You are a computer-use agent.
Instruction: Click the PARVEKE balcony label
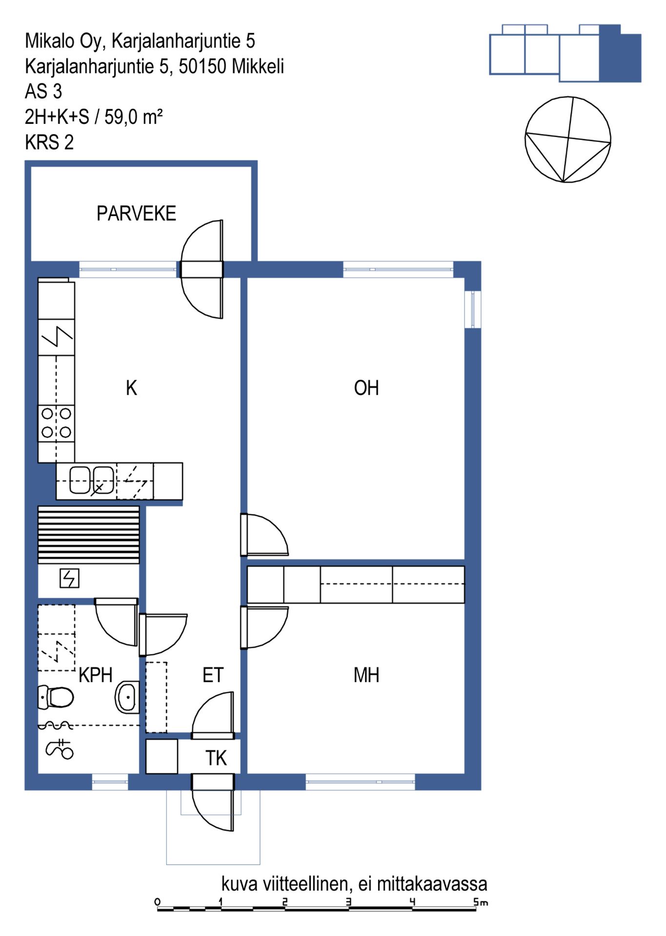point(136,214)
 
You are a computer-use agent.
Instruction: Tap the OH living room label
point(366,388)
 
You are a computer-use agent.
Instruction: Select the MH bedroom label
point(366,675)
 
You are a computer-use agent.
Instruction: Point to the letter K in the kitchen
point(131,388)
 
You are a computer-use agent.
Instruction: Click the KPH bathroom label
point(96,675)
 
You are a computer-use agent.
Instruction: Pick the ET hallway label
point(213,675)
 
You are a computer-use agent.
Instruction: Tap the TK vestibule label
point(216,758)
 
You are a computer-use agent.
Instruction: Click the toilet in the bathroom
point(56,697)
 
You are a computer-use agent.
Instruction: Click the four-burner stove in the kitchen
point(57,423)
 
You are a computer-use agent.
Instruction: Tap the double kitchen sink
point(92,480)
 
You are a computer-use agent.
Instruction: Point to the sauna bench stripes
point(89,535)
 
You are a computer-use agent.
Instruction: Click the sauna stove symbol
point(69,579)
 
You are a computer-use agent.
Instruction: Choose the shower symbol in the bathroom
point(60,749)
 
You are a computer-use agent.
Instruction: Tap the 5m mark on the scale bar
point(481,902)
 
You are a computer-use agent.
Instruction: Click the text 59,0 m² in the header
point(133,117)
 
